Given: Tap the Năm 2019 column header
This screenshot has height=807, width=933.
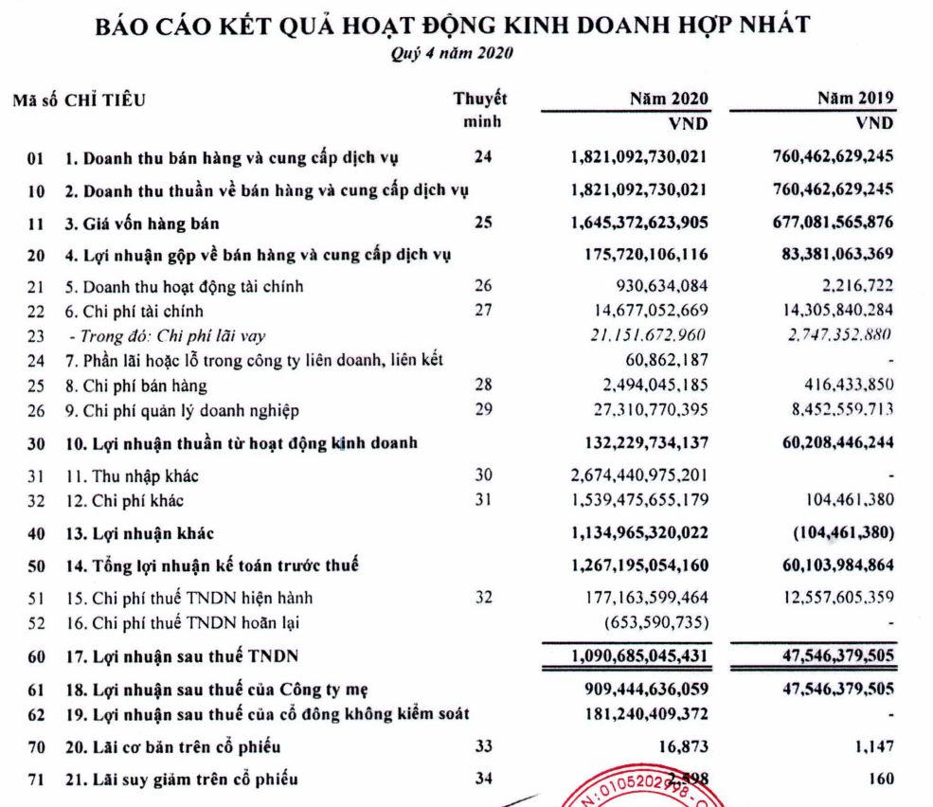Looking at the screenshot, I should click(x=855, y=98).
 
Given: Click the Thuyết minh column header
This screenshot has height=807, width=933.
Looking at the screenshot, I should click(x=481, y=109).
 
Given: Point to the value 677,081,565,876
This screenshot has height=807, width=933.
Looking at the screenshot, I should click(x=826, y=224).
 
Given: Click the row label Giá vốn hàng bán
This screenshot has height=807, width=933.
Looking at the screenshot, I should click(x=140, y=224).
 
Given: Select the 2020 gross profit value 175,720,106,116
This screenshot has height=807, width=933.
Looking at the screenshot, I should click(x=639, y=254).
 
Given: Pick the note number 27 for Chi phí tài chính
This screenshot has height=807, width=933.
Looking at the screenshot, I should click(x=482, y=310).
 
